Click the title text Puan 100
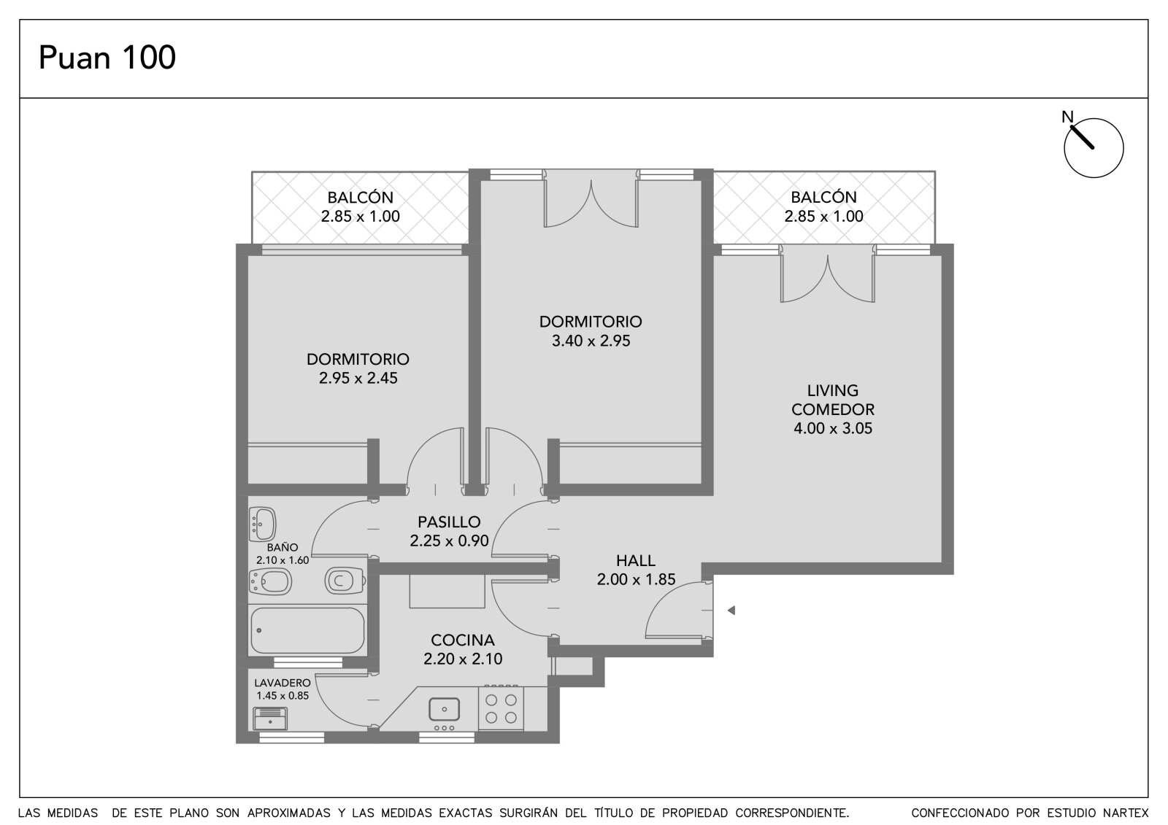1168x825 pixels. pos(107,58)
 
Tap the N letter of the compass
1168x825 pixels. pos(1067,117)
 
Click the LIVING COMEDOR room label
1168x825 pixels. pos(833,400)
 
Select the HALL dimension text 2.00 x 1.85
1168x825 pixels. pos(636,579)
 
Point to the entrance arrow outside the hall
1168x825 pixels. pos(731,610)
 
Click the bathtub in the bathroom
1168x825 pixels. pos(307,630)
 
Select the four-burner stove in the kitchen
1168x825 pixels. pos(501,708)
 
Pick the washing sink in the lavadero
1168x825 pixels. pos(270,719)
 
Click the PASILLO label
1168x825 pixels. pos(449,522)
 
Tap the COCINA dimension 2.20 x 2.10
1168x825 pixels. pos(463,658)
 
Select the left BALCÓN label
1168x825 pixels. pos(361,198)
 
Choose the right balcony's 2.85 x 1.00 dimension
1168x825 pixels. pos(824,216)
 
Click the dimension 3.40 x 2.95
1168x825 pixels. pos(591,341)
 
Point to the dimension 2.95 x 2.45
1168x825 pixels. pos(358,378)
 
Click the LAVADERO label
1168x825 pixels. pos(283,683)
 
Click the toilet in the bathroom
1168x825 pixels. pos(344,581)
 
